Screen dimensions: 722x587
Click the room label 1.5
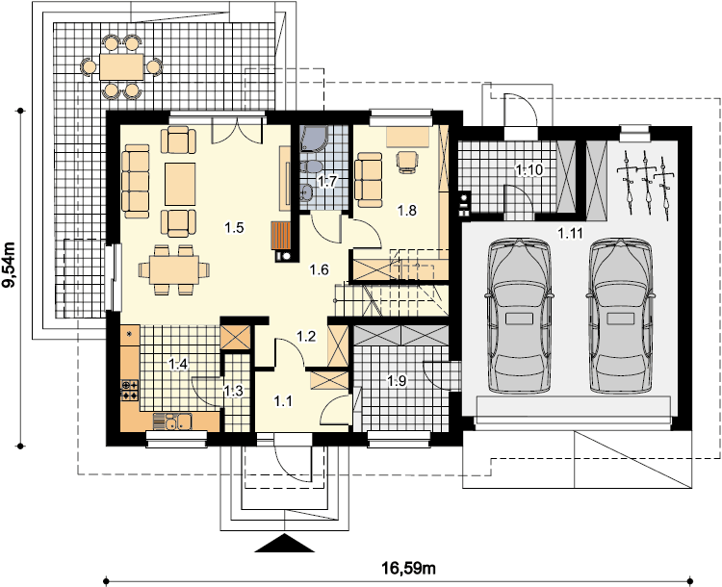(234, 227)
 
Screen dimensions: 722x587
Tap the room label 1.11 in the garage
(571, 234)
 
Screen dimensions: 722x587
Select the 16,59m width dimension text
(408, 568)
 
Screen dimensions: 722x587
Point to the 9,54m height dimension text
(9, 265)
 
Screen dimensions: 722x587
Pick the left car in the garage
(519, 316)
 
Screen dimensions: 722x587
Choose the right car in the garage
(620, 316)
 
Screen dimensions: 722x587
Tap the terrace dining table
(121, 66)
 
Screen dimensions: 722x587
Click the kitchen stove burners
(129, 391)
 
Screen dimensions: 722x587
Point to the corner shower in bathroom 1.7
(314, 139)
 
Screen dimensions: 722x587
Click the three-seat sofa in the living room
(136, 181)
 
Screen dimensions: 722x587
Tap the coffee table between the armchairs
(180, 184)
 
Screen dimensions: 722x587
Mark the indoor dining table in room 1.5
(174, 269)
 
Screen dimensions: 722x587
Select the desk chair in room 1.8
(408, 162)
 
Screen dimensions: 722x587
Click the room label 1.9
(397, 381)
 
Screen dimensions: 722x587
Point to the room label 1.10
(529, 170)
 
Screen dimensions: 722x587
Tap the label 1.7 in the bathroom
(327, 181)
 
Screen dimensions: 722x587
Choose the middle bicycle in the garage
(647, 183)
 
